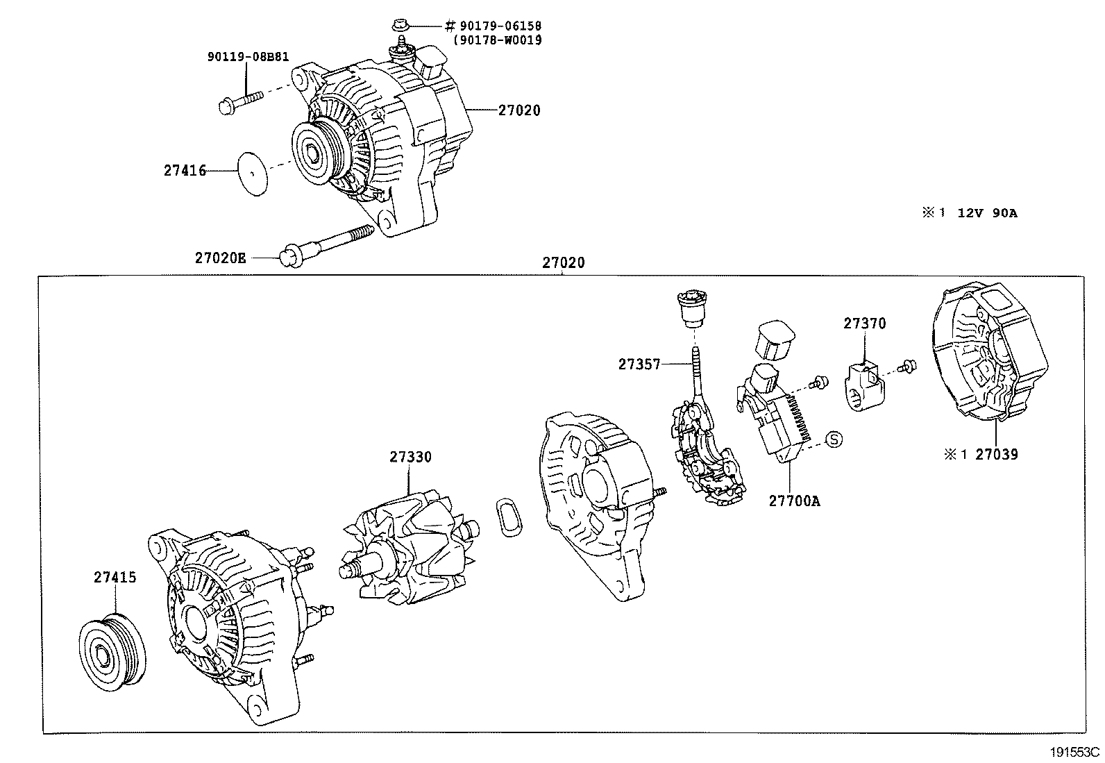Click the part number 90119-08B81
(248, 57)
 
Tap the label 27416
(185, 170)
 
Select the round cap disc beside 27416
(253, 173)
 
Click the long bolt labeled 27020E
(326, 244)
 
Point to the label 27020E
(220, 258)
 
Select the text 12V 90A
(987, 213)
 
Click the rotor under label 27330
(410, 548)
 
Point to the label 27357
(639, 364)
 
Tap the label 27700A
(794, 500)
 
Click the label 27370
(865, 324)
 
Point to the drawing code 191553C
(1075, 752)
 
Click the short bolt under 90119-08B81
(239, 101)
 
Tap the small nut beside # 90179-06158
(399, 26)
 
